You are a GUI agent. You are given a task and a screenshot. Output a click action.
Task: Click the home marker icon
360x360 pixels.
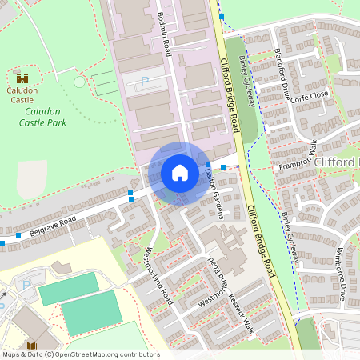click(x=180, y=172)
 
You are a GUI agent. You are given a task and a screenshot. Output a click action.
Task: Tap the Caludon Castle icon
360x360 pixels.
click(x=22, y=78)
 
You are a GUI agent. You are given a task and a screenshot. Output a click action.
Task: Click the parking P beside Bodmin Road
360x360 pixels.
click(x=145, y=81)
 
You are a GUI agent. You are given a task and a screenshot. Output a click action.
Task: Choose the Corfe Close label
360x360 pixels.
click(x=310, y=95)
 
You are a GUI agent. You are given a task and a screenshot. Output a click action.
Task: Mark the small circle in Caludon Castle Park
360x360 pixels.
click(x=78, y=82)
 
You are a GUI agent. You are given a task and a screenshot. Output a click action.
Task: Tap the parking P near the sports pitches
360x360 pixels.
click(x=26, y=285)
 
